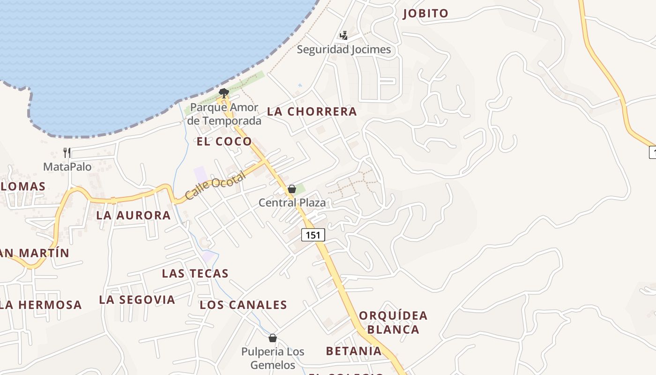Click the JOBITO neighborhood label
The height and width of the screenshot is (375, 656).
tap(425, 14)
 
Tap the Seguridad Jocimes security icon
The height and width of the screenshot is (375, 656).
tap(343, 35)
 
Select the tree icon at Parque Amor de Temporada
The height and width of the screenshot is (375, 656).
tap(224, 93)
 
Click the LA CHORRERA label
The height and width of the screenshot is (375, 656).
tap(312, 112)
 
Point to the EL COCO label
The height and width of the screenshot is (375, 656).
tap(224, 141)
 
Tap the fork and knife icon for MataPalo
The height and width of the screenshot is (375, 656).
tap(67, 152)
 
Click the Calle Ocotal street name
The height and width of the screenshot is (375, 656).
tap(215, 186)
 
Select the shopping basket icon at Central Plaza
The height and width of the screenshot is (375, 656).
tap(292, 189)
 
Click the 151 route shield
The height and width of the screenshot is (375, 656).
tap(313, 235)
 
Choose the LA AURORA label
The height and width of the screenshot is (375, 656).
tap(134, 215)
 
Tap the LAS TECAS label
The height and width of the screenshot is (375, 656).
tap(195, 273)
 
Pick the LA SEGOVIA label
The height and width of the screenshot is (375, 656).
tap(137, 300)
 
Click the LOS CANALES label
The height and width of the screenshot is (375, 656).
tap(243, 305)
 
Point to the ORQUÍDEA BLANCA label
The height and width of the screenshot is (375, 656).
tap(393, 322)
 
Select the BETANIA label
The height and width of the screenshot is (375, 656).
tap(354, 351)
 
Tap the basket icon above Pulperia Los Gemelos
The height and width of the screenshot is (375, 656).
tap(273, 338)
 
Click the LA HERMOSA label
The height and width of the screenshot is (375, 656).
tap(41, 305)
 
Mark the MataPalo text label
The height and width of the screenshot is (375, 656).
tap(67, 166)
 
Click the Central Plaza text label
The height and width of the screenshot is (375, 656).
tap(292, 202)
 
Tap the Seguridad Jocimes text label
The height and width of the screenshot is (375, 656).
tap(343, 49)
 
